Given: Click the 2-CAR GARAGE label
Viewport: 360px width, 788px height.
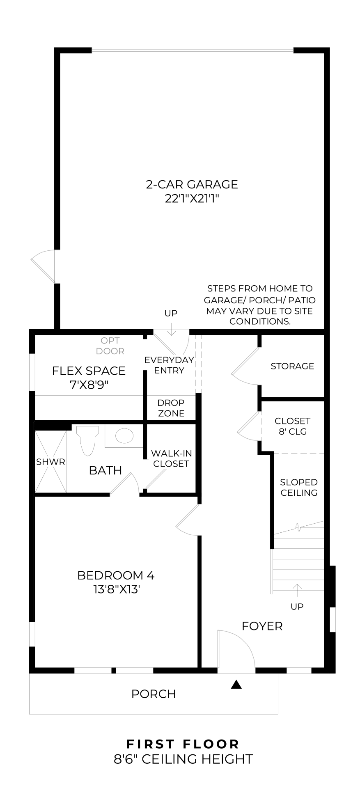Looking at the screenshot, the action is pyautogui.click(x=192, y=184).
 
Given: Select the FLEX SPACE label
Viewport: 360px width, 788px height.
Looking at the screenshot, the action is pyautogui.click(x=89, y=371).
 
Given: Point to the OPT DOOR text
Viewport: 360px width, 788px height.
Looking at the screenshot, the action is pyautogui.click(x=110, y=346).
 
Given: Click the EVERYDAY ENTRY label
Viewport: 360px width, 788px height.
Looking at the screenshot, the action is pyautogui.click(x=169, y=365).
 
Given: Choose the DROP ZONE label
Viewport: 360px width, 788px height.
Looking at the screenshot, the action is pyautogui.click(x=171, y=408).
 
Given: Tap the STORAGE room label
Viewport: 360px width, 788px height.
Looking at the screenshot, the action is pyautogui.click(x=292, y=366).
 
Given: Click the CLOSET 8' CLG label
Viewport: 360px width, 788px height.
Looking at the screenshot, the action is pyautogui.click(x=293, y=426).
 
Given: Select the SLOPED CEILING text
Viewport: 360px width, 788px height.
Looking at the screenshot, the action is pyautogui.click(x=299, y=487).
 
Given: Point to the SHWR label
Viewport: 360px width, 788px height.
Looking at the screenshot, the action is pyautogui.click(x=50, y=462).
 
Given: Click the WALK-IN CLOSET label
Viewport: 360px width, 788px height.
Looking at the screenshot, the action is pyautogui.click(x=171, y=458).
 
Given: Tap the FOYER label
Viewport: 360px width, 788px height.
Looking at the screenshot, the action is pyautogui.click(x=262, y=626).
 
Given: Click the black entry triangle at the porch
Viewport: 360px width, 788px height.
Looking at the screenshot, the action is pyautogui.click(x=236, y=684).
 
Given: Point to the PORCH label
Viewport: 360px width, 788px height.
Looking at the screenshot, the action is pyautogui.click(x=154, y=694).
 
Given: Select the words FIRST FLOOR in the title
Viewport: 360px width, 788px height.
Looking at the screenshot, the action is pyautogui.click(x=183, y=744).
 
